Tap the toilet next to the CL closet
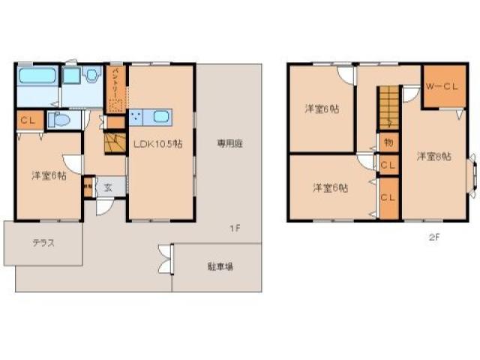[58, 119]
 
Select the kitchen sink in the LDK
[161, 117]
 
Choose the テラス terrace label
[43, 243]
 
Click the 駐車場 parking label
[220, 266]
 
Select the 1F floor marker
[235, 228]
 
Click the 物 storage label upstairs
[388, 142]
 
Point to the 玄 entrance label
[109, 187]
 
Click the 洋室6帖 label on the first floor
[48, 175]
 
